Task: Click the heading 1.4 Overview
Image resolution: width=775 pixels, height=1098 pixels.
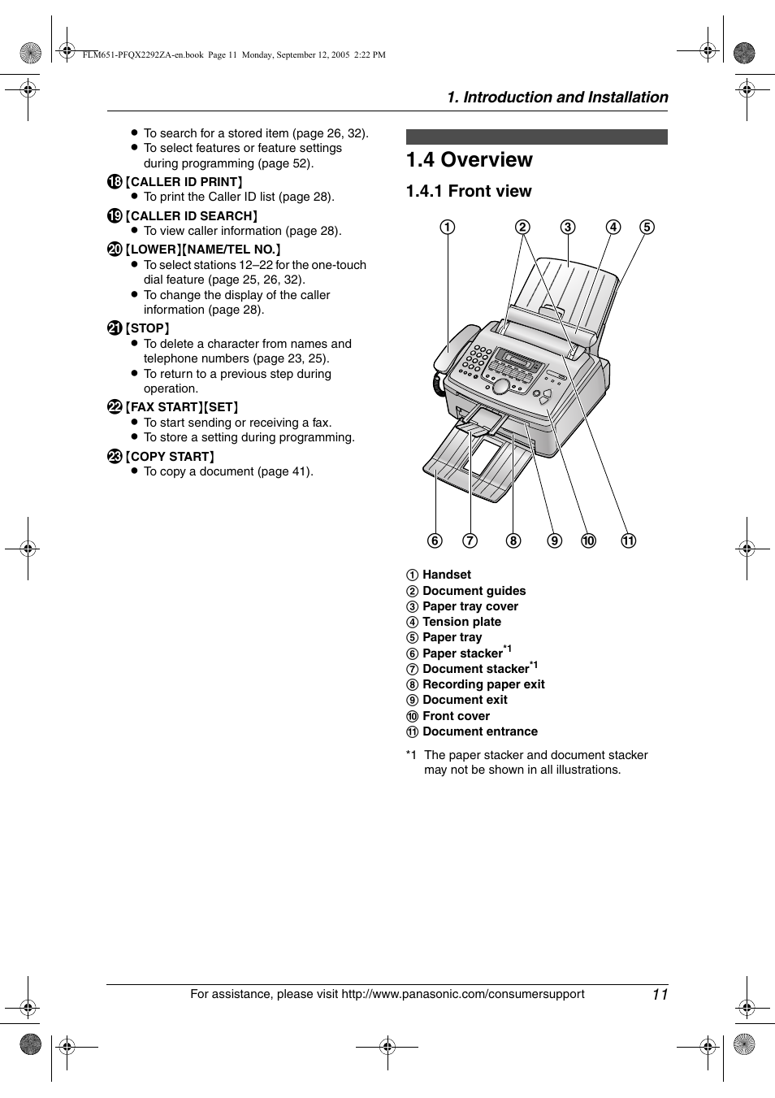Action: click(x=470, y=160)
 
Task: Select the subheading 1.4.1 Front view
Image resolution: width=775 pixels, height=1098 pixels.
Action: click(x=469, y=191)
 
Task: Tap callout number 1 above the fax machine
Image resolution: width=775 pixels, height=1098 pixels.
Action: click(x=448, y=228)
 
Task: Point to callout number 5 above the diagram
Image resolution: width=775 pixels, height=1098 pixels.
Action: click(x=647, y=228)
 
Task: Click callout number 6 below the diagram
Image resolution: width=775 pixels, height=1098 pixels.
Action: click(x=435, y=541)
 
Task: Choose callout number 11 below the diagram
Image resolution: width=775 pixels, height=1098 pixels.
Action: click(x=629, y=541)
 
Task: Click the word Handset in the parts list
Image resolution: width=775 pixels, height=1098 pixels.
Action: click(x=446, y=575)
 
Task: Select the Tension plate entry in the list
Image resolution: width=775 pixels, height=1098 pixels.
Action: click(x=461, y=622)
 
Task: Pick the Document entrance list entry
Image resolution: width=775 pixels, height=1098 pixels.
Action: click(x=479, y=731)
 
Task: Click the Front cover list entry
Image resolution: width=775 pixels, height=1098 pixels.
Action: click(x=456, y=716)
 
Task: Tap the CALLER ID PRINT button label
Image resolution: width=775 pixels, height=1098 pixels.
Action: click(x=184, y=182)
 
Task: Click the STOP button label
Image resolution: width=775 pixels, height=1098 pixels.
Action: click(x=148, y=328)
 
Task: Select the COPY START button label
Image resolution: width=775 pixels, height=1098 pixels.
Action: click(x=170, y=457)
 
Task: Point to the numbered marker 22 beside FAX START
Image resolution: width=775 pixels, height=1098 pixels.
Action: click(x=115, y=407)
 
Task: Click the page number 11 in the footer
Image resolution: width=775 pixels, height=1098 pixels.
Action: click(x=659, y=995)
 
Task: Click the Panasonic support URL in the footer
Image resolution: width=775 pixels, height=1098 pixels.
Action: click(x=462, y=994)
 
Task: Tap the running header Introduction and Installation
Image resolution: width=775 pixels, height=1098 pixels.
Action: click(x=557, y=98)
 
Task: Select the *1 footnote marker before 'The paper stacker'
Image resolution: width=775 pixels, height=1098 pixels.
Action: click(x=412, y=755)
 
